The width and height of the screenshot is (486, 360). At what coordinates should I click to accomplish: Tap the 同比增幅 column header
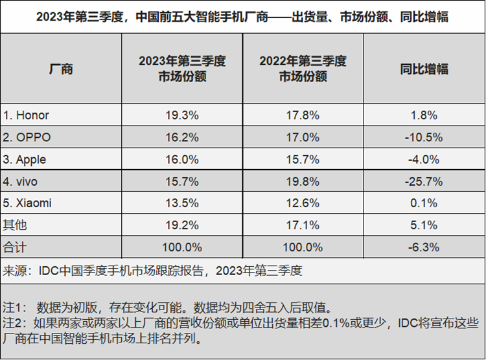pyautogui.click(x=424, y=69)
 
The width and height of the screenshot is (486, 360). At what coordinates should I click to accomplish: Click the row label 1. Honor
pyautogui.click(x=27, y=115)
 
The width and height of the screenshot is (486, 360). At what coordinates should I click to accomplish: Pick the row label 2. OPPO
pyautogui.click(x=27, y=137)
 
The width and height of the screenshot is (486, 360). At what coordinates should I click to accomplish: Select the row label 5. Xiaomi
pyautogui.click(x=27, y=203)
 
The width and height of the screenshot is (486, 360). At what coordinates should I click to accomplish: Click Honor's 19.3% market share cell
pyautogui.click(x=182, y=115)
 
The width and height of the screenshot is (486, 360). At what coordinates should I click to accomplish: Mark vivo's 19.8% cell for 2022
pyautogui.click(x=303, y=181)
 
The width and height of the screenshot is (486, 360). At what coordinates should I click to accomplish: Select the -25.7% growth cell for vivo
pyautogui.click(x=424, y=181)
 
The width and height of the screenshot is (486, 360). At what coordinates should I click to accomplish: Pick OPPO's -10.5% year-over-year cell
pyautogui.click(x=424, y=137)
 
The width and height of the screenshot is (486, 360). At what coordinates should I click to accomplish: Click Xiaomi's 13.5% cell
pyautogui.click(x=182, y=203)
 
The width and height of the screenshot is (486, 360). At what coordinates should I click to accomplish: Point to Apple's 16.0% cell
pyautogui.click(x=182, y=159)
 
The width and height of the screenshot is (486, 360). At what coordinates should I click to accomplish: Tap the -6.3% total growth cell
pyautogui.click(x=424, y=247)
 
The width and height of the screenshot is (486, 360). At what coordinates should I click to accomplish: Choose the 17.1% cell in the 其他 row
pyautogui.click(x=303, y=225)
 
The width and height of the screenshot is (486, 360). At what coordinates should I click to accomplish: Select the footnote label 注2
pyautogui.click(x=13, y=322)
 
